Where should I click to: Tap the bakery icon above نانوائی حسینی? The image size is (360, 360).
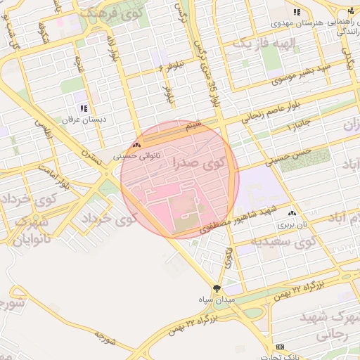(x=136, y=145)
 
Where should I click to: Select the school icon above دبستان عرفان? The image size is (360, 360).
(x=84, y=108)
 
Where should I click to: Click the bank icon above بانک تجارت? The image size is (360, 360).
(x=281, y=347)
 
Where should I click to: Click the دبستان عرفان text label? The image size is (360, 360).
(x=84, y=120)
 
